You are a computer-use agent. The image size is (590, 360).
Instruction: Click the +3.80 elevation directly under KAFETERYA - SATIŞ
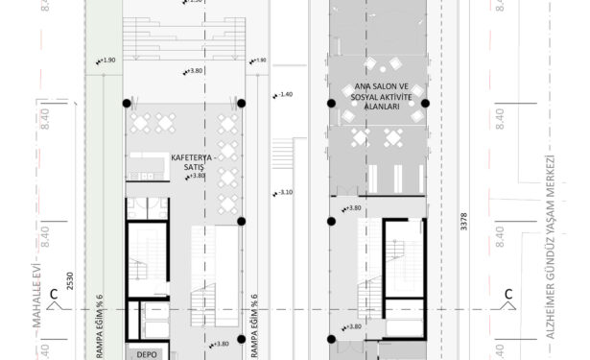[x=197, y=176]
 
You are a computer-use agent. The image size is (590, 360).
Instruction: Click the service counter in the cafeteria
[x=150, y=166]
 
